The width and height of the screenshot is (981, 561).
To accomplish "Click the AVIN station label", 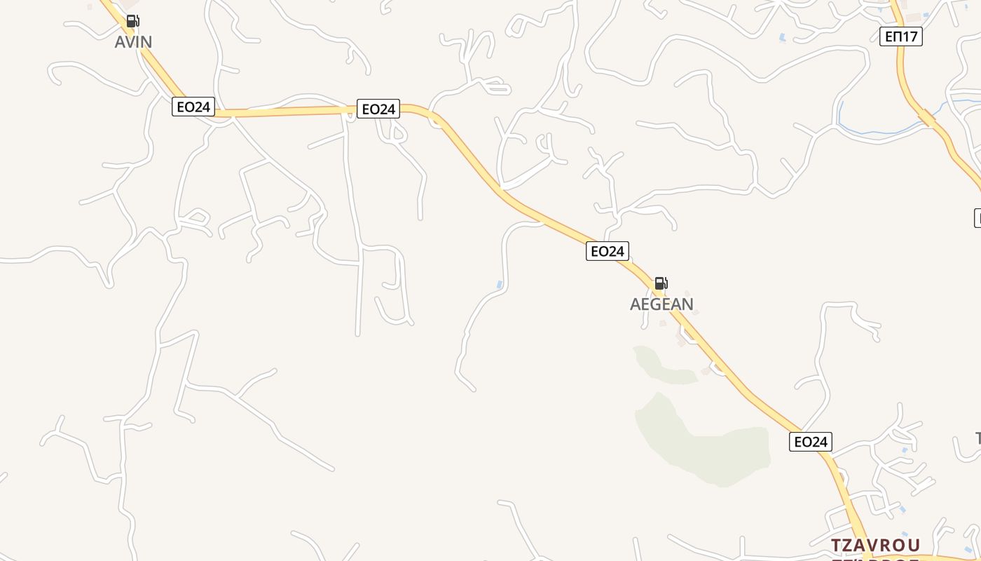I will click(133, 42).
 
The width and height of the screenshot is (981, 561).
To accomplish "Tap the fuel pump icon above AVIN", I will click(132, 21).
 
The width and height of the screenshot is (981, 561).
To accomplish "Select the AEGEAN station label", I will click(661, 304).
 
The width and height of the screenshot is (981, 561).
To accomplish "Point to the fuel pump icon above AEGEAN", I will click(661, 283).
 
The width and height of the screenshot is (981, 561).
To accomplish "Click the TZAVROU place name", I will click(875, 546).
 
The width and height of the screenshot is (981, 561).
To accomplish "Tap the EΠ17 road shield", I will click(901, 36).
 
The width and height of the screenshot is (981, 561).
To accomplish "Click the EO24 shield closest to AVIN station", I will click(193, 107).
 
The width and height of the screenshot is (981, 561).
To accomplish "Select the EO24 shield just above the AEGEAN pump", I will click(608, 251).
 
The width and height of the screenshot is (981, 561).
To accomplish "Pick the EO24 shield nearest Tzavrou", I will click(811, 442).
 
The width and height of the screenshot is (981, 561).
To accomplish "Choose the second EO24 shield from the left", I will click(378, 109).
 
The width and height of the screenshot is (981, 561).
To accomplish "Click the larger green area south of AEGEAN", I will click(701, 442).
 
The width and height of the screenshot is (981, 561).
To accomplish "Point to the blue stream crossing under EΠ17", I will click(876, 130).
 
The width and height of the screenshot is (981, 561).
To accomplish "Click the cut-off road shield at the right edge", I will click(977, 217).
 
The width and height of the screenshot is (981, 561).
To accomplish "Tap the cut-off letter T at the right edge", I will click(978, 439).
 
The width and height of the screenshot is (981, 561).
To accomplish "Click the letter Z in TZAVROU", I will click(851, 546).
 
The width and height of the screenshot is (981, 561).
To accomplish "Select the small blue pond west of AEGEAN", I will click(499, 285).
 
